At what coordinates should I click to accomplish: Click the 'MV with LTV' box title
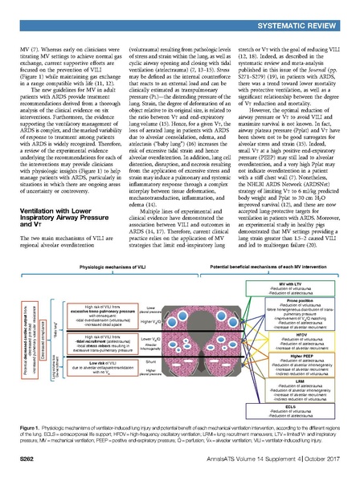coord(288,263)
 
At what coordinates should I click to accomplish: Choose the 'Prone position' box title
coord(288,279)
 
